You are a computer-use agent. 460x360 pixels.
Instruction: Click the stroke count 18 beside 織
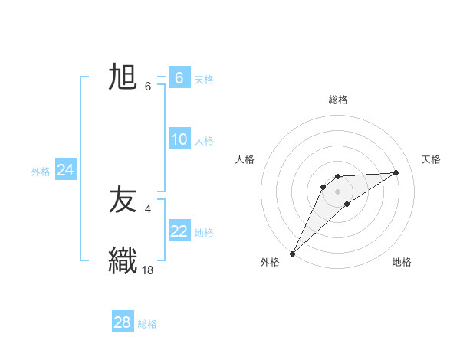149,270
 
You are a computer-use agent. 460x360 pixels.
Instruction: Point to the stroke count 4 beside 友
147,208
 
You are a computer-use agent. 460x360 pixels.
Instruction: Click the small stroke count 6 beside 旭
147,86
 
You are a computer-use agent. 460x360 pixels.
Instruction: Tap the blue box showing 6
179,78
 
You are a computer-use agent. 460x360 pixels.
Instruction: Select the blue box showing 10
179,139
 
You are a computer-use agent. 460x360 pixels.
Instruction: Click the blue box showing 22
179,231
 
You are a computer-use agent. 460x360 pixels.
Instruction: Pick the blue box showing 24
66,170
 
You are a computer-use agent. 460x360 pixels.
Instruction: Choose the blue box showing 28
123,322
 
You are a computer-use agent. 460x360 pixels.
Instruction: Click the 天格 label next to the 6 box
204,79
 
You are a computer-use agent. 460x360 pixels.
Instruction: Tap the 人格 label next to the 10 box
204,140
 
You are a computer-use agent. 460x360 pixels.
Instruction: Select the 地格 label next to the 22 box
204,232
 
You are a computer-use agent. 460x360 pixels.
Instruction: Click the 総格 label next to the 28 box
147,323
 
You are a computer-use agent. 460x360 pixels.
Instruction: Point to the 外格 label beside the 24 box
41,172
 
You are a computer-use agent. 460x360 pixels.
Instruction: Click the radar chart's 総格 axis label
338,100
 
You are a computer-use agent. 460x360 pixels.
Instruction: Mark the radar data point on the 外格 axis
293,253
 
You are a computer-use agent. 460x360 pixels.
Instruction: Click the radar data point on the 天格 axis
396,172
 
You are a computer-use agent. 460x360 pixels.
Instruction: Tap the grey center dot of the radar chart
338,191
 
